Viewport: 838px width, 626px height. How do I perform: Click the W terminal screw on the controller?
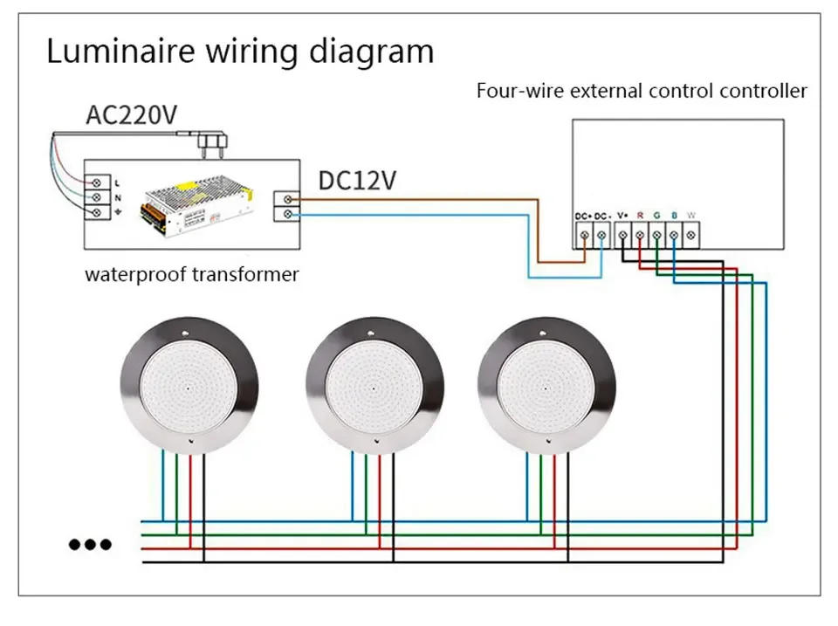(691, 234)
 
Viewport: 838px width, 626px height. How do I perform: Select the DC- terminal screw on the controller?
(602, 234)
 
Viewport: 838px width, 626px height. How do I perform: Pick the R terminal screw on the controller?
(640, 234)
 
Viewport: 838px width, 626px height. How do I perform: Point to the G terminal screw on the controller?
(656, 234)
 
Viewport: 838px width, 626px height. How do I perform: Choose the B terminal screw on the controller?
(674, 234)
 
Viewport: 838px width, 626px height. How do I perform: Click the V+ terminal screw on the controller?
(622, 234)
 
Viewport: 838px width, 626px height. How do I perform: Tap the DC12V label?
(357, 181)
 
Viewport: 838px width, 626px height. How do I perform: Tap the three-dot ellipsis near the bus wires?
(90, 545)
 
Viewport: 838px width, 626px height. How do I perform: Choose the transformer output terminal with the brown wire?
(289, 200)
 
